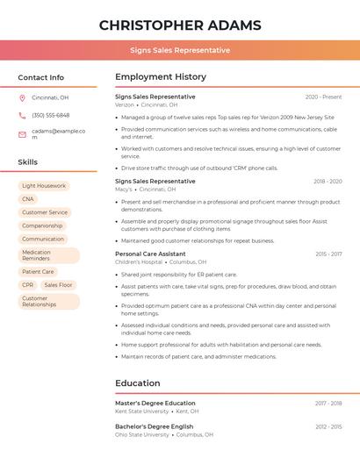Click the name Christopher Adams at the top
[180, 25]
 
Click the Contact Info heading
[41, 77]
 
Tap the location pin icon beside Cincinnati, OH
[22, 97]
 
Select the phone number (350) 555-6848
[50, 115]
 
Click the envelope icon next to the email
[22, 134]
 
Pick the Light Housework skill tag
[44, 186]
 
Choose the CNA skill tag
[28, 199]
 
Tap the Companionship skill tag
[42, 225]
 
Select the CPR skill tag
[28, 285]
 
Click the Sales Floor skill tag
[59, 285]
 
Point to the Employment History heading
[161, 77]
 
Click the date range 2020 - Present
[323, 97]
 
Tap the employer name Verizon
[125, 104]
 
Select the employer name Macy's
[124, 189]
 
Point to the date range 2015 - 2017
[328, 254]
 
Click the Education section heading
[138, 383]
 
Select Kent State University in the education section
[142, 411]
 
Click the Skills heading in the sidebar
[28, 162]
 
